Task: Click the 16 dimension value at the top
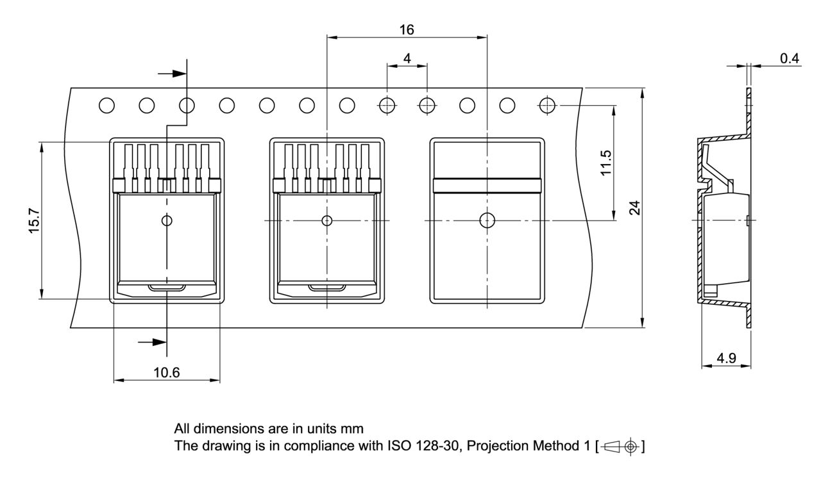(x=407, y=29)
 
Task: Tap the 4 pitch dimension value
(x=407, y=58)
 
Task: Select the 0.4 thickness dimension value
(x=790, y=58)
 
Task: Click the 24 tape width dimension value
(x=634, y=208)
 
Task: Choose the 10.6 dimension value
(x=167, y=373)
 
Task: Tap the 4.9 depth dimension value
(x=726, y=359)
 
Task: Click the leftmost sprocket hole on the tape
(x=107, y=105)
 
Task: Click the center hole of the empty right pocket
(x=487, y=221)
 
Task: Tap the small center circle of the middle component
(x=327, y=221)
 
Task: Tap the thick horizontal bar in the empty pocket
(x=487, y=185)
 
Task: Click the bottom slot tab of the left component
(x=167, y=288)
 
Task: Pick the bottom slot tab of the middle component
(x=327, y=288)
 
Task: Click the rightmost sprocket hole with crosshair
(x=547, y=105)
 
